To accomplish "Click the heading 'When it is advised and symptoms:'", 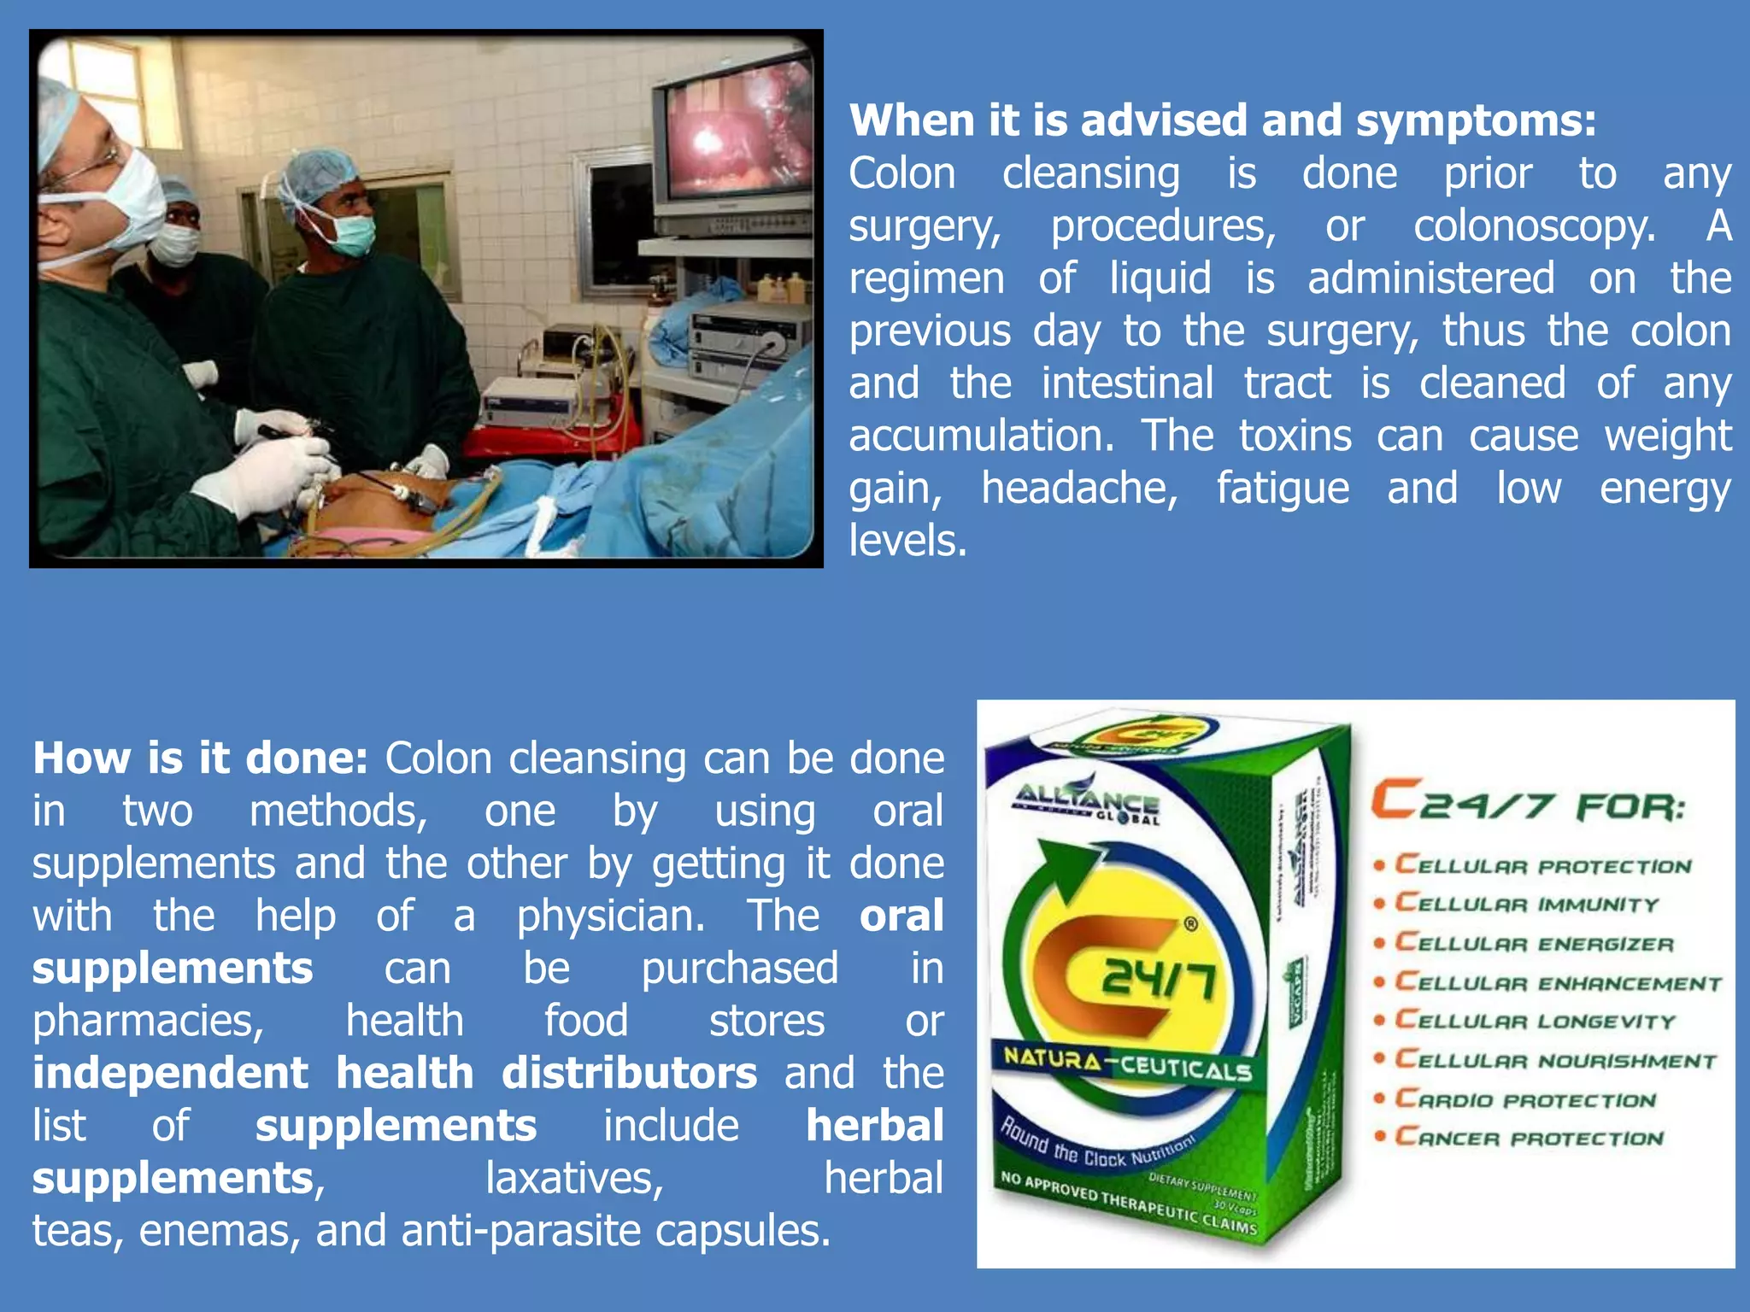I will (1222, 121).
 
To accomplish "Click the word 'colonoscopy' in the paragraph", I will (1535, 226).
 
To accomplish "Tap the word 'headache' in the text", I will (1079, 489).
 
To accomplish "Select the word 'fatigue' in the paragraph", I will (1283, 489).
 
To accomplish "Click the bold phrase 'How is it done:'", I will (200, 758).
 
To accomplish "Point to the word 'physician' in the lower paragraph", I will (611, 917).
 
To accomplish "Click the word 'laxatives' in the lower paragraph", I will (574, 1179).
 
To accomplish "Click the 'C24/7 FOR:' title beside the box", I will (1528, 803).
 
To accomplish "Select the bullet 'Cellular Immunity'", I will (1526, 904).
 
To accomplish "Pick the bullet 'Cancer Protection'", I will (1529, 1138).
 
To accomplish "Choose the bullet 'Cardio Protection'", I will (1525, 1099).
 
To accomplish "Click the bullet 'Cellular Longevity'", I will (1535, 1021).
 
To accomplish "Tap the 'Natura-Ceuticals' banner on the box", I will (1127, 1063).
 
